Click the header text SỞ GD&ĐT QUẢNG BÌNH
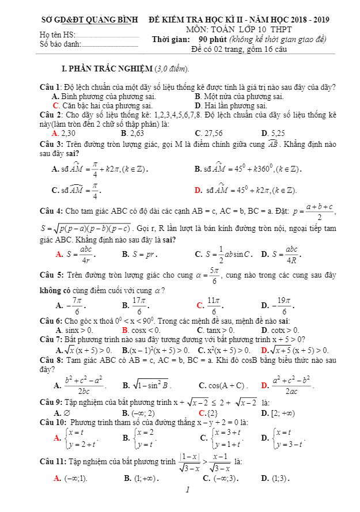pyautogui.click(x=89, y=20)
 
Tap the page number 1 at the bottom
pyautogui.click(x=188, y=491)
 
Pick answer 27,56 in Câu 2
pyautogui.click(x=211, y=132)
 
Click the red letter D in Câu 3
pyautogui.click(x=198, y=190)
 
